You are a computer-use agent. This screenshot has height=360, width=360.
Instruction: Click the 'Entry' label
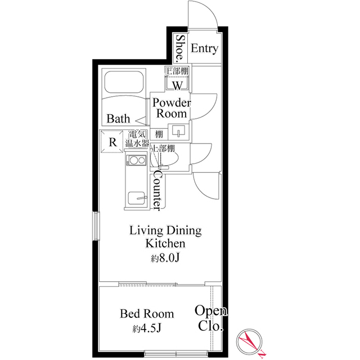coord(204,49)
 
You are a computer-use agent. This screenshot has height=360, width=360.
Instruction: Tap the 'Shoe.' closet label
coord(180,48)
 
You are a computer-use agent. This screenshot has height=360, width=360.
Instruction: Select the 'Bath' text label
coord(119,119)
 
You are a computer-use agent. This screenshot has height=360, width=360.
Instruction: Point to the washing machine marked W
coord(177,85)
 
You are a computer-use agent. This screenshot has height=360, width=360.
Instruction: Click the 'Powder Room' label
coord(172,108)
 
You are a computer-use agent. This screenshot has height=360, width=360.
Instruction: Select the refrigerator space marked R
coord(112,142)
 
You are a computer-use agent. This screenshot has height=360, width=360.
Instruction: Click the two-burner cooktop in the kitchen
coord(135,161)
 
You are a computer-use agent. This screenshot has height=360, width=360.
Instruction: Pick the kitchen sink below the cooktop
coord(136,199)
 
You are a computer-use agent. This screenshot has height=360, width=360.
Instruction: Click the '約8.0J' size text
coord(165,259)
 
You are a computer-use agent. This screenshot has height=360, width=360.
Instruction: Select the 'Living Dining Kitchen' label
coord(165,237)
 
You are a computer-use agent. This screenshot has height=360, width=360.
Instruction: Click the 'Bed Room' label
coord(147,314)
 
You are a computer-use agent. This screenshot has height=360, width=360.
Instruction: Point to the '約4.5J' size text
coord(148,328)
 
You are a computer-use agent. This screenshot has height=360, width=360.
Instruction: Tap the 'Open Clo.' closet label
coord(211,318)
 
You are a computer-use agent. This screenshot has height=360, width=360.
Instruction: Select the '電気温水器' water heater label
coord(138,139)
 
